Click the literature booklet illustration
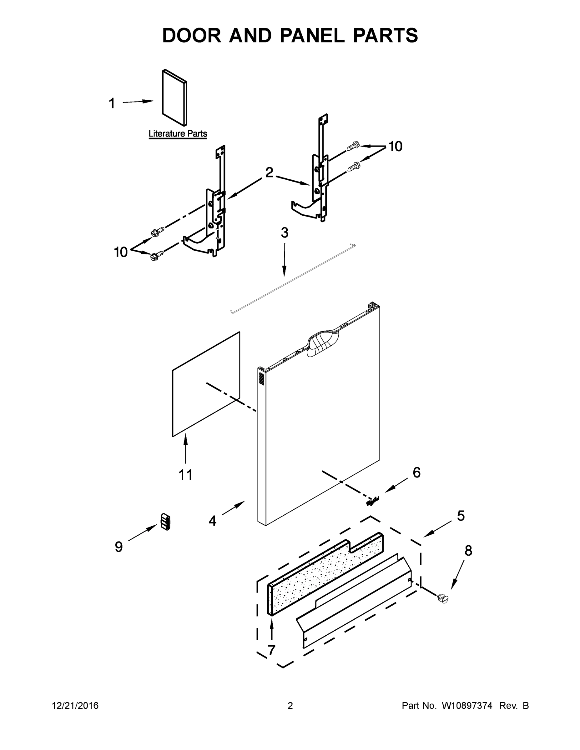[x=174, y=97]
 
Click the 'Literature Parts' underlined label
[x=178, y=133]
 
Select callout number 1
[x=112, y=103]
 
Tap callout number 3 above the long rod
[x=285, y=233]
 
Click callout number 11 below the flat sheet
[x=185, y=475]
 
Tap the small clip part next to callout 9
[x=165, y=522]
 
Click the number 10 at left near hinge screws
[x=121, y=252]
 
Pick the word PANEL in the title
[x=312, y=35]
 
